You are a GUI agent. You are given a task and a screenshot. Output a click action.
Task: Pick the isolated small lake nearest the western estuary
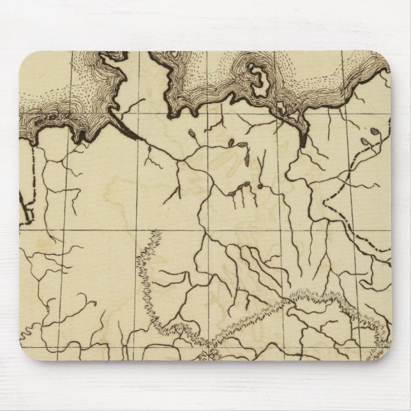pos(149,150)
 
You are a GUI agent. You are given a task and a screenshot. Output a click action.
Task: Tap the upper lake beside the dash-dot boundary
pos(375,133)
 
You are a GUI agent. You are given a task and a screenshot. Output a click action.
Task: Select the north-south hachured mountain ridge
pos(147,274)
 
